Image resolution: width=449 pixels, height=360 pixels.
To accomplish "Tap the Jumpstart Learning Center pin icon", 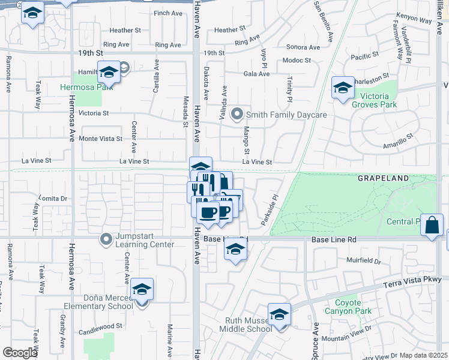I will click(x=106, y=240).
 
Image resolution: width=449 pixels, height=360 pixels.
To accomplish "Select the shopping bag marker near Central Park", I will click(x=432, y=226).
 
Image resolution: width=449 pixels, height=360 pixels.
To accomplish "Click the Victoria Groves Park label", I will click(x=379, y=100).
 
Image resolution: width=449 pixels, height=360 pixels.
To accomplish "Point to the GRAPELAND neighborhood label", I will click(x=383, y=179).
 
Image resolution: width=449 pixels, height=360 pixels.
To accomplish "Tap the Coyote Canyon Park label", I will click(x=348, y=307).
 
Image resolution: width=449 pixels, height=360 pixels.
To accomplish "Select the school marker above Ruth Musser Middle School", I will click(x=279, y=315).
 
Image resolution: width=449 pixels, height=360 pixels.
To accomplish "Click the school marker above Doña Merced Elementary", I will click(x=142, y=290).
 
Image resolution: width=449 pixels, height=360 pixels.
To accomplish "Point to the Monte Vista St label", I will click(x=101, y=139).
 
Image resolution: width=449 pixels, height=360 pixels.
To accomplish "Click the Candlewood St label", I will click(x=101, y=326).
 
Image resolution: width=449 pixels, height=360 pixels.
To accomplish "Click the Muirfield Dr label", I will click(x=364, y=261).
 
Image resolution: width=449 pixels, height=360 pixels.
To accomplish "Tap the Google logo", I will click(x=20, y=353).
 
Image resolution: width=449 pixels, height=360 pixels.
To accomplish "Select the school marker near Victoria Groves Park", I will click(x=343, y=89).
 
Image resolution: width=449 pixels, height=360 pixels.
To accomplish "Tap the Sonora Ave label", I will click(x=303, y=47).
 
